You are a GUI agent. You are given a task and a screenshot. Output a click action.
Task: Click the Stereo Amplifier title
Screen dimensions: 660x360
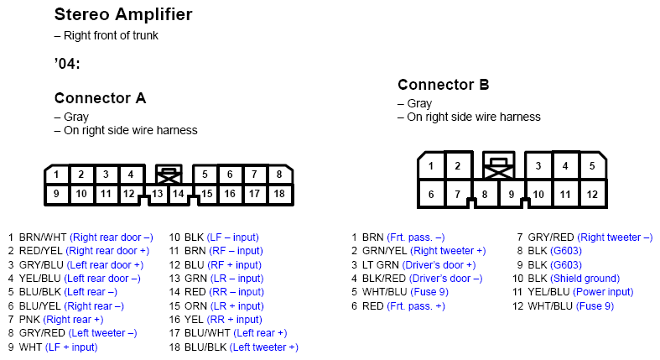coord(123,15)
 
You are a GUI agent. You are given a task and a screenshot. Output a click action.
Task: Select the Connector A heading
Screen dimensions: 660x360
coord(100,98)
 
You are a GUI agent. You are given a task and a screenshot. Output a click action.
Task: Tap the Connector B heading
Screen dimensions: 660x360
coord(444,85)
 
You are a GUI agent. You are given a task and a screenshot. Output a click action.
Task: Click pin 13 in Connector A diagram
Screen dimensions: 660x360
coord(158,194)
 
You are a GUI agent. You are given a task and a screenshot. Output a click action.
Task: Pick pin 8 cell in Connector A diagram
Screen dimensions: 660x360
coord(279,175)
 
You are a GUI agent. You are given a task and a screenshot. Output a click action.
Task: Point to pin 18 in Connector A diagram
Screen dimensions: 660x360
coord(279,194)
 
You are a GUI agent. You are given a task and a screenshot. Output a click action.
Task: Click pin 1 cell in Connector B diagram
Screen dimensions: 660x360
coord(430,165)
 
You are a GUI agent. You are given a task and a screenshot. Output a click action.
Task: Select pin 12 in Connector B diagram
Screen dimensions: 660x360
coord(592,194)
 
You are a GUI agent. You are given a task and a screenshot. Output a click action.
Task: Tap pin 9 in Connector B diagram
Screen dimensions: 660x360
coord(511,194)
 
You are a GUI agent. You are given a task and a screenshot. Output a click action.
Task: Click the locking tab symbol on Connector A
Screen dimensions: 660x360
coord(169,174)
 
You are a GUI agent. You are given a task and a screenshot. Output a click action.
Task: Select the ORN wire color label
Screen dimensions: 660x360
coord(195,306)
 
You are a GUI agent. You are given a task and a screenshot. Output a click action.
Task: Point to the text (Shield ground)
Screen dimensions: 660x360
coord(585,279)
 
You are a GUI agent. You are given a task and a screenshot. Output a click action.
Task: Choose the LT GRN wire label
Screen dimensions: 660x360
coord(381,265)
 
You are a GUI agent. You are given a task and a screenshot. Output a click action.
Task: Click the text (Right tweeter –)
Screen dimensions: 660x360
coord(615,237)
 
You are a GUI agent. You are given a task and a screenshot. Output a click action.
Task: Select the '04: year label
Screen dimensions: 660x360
coord(67,64)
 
